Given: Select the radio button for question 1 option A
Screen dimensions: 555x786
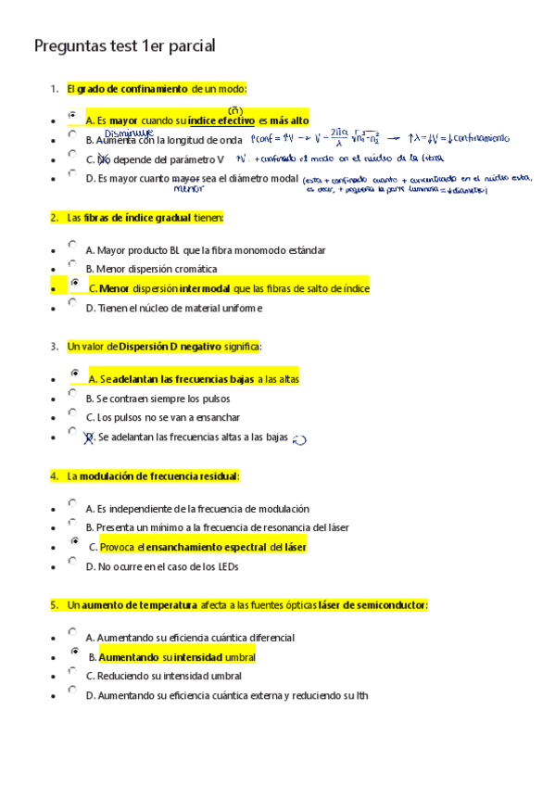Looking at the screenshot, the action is (x=72, y=115).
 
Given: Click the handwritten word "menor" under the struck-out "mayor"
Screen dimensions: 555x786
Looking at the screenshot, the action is (x=188, y=188).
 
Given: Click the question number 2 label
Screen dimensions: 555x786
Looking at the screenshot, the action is (x=54, y=218).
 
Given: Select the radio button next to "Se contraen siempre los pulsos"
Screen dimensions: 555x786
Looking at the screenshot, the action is (x=71, y=393).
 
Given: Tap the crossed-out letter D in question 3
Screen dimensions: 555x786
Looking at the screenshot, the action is (x=90, y=437).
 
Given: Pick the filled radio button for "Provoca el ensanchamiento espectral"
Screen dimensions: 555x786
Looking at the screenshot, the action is (x=74, y=541).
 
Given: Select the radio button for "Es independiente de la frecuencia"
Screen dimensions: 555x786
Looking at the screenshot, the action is (x=71, y=503).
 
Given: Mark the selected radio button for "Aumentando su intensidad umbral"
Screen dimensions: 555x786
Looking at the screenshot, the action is (x=74, y=652).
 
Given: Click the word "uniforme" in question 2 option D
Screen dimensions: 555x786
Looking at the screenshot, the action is (x=242, y=308).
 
